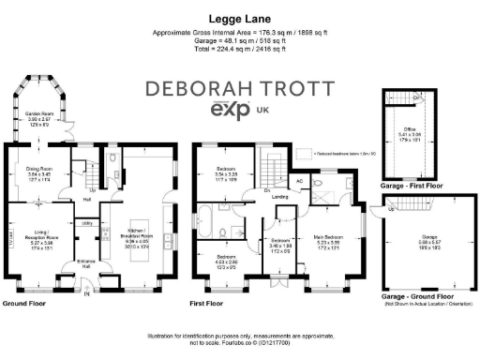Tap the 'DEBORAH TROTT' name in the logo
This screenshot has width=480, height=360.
239,91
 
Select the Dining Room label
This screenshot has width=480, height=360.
40,176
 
